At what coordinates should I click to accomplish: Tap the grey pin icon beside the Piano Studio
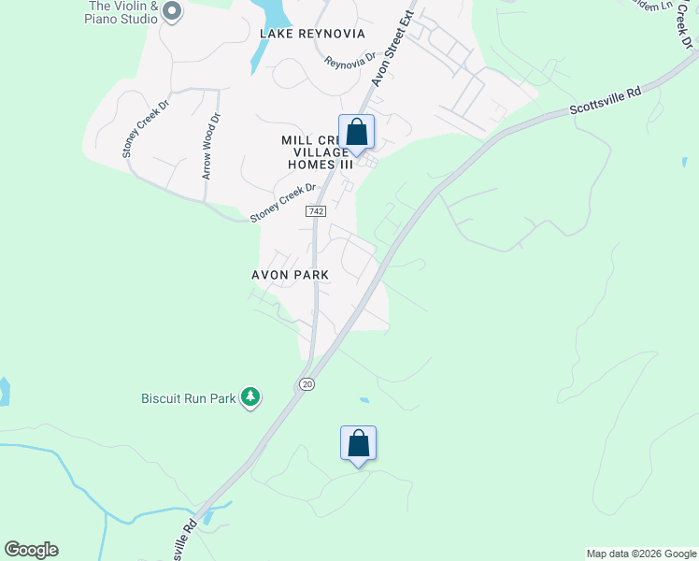(x=171, y=11)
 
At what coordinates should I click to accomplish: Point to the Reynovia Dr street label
(x=349, y=64)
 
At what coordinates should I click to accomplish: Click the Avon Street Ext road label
(x=392, y=52)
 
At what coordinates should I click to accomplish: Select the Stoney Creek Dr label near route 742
(x=283, y=203)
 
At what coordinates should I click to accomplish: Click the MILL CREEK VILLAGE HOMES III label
(x=317, y=151)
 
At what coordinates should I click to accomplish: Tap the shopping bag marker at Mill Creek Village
(x=356, y=133)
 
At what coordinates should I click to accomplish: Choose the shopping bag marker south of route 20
(x=358, y=444)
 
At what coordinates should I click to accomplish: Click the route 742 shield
(x=316, y=212)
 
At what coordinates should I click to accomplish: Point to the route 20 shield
(x=307, y=384)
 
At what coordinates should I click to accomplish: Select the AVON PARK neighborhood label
(x=290, y=275)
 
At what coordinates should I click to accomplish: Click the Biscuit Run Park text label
(x=188, y=398)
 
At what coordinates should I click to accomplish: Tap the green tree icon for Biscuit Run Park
(x=250, y=397)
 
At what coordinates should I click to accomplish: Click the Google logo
(x=31, y=550)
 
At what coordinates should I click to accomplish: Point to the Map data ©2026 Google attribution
(x=641, y=554)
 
